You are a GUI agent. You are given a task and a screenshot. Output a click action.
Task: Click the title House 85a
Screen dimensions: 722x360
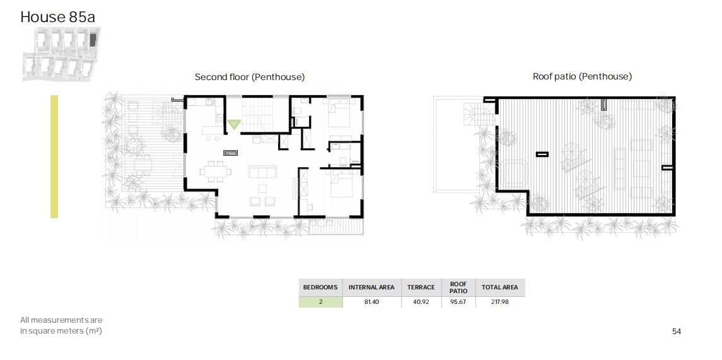click(57, 17)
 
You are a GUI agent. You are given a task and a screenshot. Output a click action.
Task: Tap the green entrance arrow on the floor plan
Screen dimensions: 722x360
click(234, 124)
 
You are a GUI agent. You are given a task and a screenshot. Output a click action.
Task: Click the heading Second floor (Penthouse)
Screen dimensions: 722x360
click(250, 77)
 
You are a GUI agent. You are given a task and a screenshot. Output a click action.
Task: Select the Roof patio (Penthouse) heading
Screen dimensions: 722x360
click(582, 76)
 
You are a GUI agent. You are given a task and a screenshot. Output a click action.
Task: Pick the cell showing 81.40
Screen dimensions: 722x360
click(371, 302)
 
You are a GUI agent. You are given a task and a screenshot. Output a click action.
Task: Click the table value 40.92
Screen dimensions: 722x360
click(421, 302)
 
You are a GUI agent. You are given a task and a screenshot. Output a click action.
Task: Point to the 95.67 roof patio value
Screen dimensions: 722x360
click(458, 302)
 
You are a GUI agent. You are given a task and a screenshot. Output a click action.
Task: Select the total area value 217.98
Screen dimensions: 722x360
click(499, 302)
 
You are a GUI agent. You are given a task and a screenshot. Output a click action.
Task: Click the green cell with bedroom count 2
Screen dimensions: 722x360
click(320, 302)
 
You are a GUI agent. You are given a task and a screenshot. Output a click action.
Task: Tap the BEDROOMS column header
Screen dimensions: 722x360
click(320, 287)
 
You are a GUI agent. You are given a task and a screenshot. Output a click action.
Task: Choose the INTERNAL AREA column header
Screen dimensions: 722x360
click(371, 287)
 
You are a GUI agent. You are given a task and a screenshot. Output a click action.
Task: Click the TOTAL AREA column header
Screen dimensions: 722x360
click(499, 287)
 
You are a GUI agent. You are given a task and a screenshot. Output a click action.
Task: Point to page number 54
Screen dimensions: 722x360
click(677, 332)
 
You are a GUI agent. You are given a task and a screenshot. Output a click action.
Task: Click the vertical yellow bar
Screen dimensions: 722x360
click(54, 156)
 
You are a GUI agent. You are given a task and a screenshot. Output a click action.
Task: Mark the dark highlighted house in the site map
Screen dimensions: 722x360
click(93, 40)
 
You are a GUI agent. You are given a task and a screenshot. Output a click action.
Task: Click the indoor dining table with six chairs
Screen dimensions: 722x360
click(216, 171)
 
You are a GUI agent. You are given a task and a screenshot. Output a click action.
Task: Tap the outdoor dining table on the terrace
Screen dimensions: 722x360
click(143, 165)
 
